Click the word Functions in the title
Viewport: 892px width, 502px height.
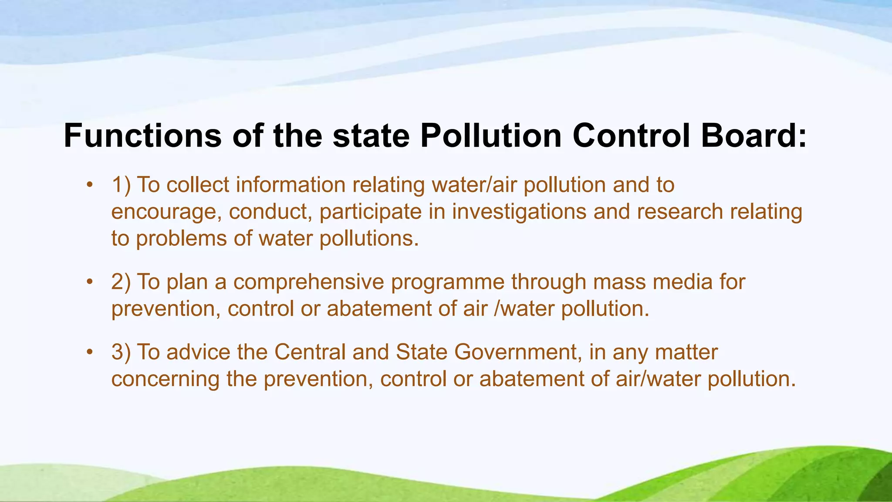142,136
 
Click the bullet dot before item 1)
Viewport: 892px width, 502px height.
90,184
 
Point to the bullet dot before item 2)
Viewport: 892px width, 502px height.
90,282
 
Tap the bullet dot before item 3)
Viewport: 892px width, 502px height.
90,352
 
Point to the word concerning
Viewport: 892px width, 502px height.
165,379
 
